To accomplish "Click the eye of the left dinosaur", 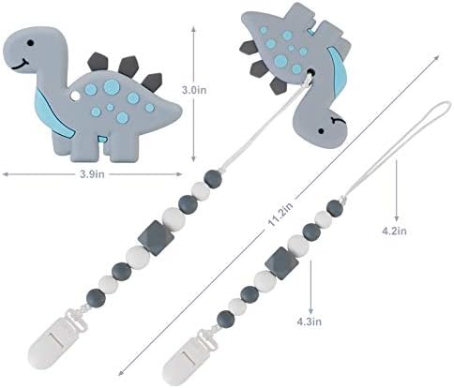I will pos(34,44).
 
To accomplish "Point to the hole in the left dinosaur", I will pos(77,95).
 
